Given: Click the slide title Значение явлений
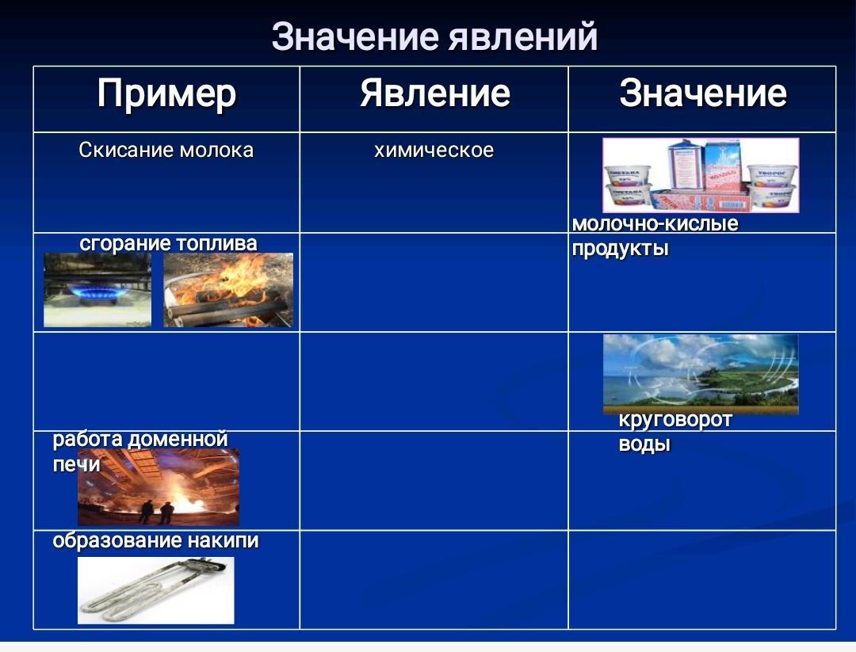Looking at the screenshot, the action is point(434,37).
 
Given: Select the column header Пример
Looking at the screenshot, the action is point(166,93).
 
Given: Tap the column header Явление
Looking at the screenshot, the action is point(434,93).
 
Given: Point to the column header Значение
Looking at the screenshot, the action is point(702,93).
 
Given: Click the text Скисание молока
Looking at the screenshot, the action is point(166,150).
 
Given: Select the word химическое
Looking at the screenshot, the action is point(434,150).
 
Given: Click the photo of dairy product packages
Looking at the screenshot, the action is point(701,175).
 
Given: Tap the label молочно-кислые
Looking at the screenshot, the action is point(655,223).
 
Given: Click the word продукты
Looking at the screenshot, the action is point(620,249).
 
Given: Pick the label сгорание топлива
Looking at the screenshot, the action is point(168,243).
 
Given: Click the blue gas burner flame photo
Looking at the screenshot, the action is point(97,290).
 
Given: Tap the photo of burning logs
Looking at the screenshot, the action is point(228,290).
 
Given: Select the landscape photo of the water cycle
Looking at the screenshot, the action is point(701,374).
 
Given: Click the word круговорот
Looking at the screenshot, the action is point(675,420).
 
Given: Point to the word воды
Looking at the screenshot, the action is point(644,444).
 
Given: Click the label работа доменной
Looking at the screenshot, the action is point(140,439).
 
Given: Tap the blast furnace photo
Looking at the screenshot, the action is point(159,487).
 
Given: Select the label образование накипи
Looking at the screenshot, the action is point(155,541).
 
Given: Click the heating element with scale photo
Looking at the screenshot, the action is point(155,590).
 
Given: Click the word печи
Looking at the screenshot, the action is point(76,465).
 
